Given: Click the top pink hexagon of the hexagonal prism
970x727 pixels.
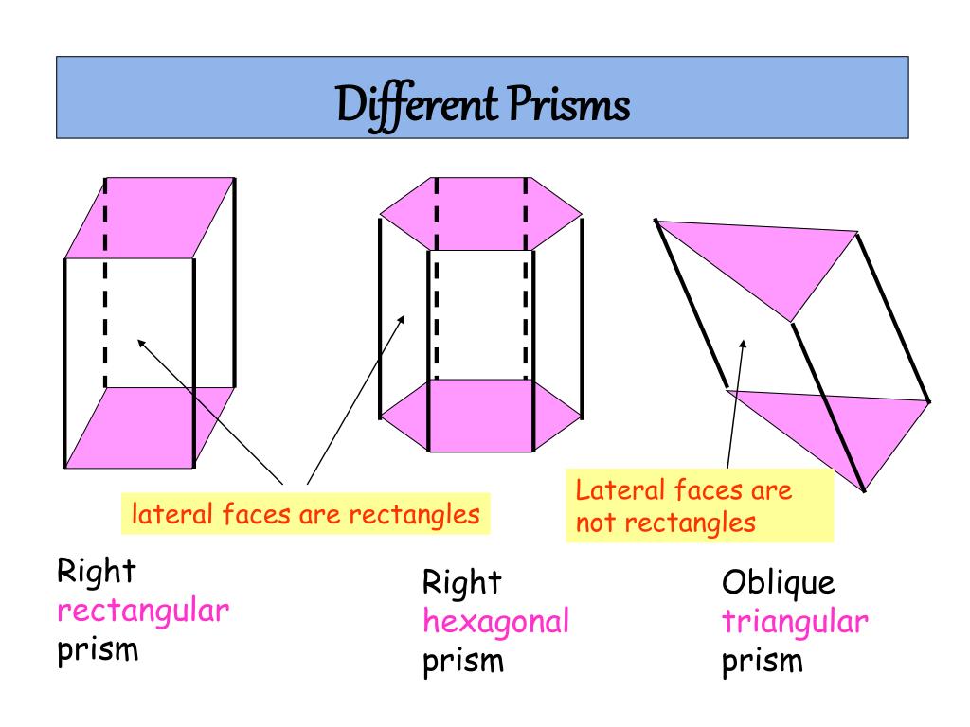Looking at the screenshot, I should point(480,214).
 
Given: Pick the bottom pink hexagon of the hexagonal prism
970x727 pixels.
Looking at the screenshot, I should point(480,417).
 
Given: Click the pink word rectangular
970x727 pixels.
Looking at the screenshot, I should point(143,611).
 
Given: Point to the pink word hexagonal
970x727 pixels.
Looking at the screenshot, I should point(495,622).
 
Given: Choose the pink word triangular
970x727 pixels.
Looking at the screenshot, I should point(795,622).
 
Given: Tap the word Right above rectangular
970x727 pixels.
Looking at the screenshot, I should point(97,571).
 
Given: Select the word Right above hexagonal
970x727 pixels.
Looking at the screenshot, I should point(461,581).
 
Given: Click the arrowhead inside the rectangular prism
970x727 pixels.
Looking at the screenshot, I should point(142,343).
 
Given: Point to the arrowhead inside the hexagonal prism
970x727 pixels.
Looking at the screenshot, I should point(402,319).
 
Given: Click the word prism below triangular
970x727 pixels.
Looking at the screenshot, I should point(762,662).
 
